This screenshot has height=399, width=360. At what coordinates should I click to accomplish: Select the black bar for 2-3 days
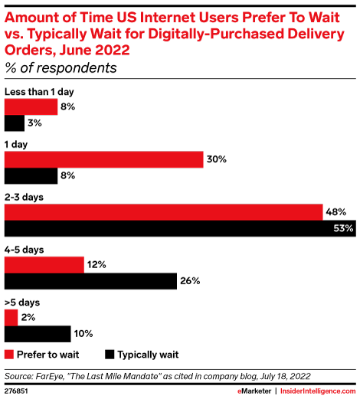point(178,228)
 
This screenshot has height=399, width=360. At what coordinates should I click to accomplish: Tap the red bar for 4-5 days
point(44,264)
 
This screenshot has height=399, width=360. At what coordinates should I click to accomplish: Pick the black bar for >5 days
point(38,334)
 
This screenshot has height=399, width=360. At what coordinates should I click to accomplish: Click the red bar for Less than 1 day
point(31,106)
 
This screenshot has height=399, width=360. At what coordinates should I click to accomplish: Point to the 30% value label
point(216,159)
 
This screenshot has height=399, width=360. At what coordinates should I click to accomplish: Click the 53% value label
point(343,228)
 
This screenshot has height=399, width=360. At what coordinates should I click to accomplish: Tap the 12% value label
point(97,264)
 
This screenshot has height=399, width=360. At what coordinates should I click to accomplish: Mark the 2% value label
point(28,317)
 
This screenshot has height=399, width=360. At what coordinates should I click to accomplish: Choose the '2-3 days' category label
point(23,197)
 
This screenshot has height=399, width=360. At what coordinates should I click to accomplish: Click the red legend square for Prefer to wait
point(9,355)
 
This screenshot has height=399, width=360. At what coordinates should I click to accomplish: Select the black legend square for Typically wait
point(111,355)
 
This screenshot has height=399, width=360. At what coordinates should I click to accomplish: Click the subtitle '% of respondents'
point(61,67)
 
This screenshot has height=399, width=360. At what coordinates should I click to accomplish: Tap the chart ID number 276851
point(18,390)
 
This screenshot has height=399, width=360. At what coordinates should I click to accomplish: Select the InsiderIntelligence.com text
point(315,390)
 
